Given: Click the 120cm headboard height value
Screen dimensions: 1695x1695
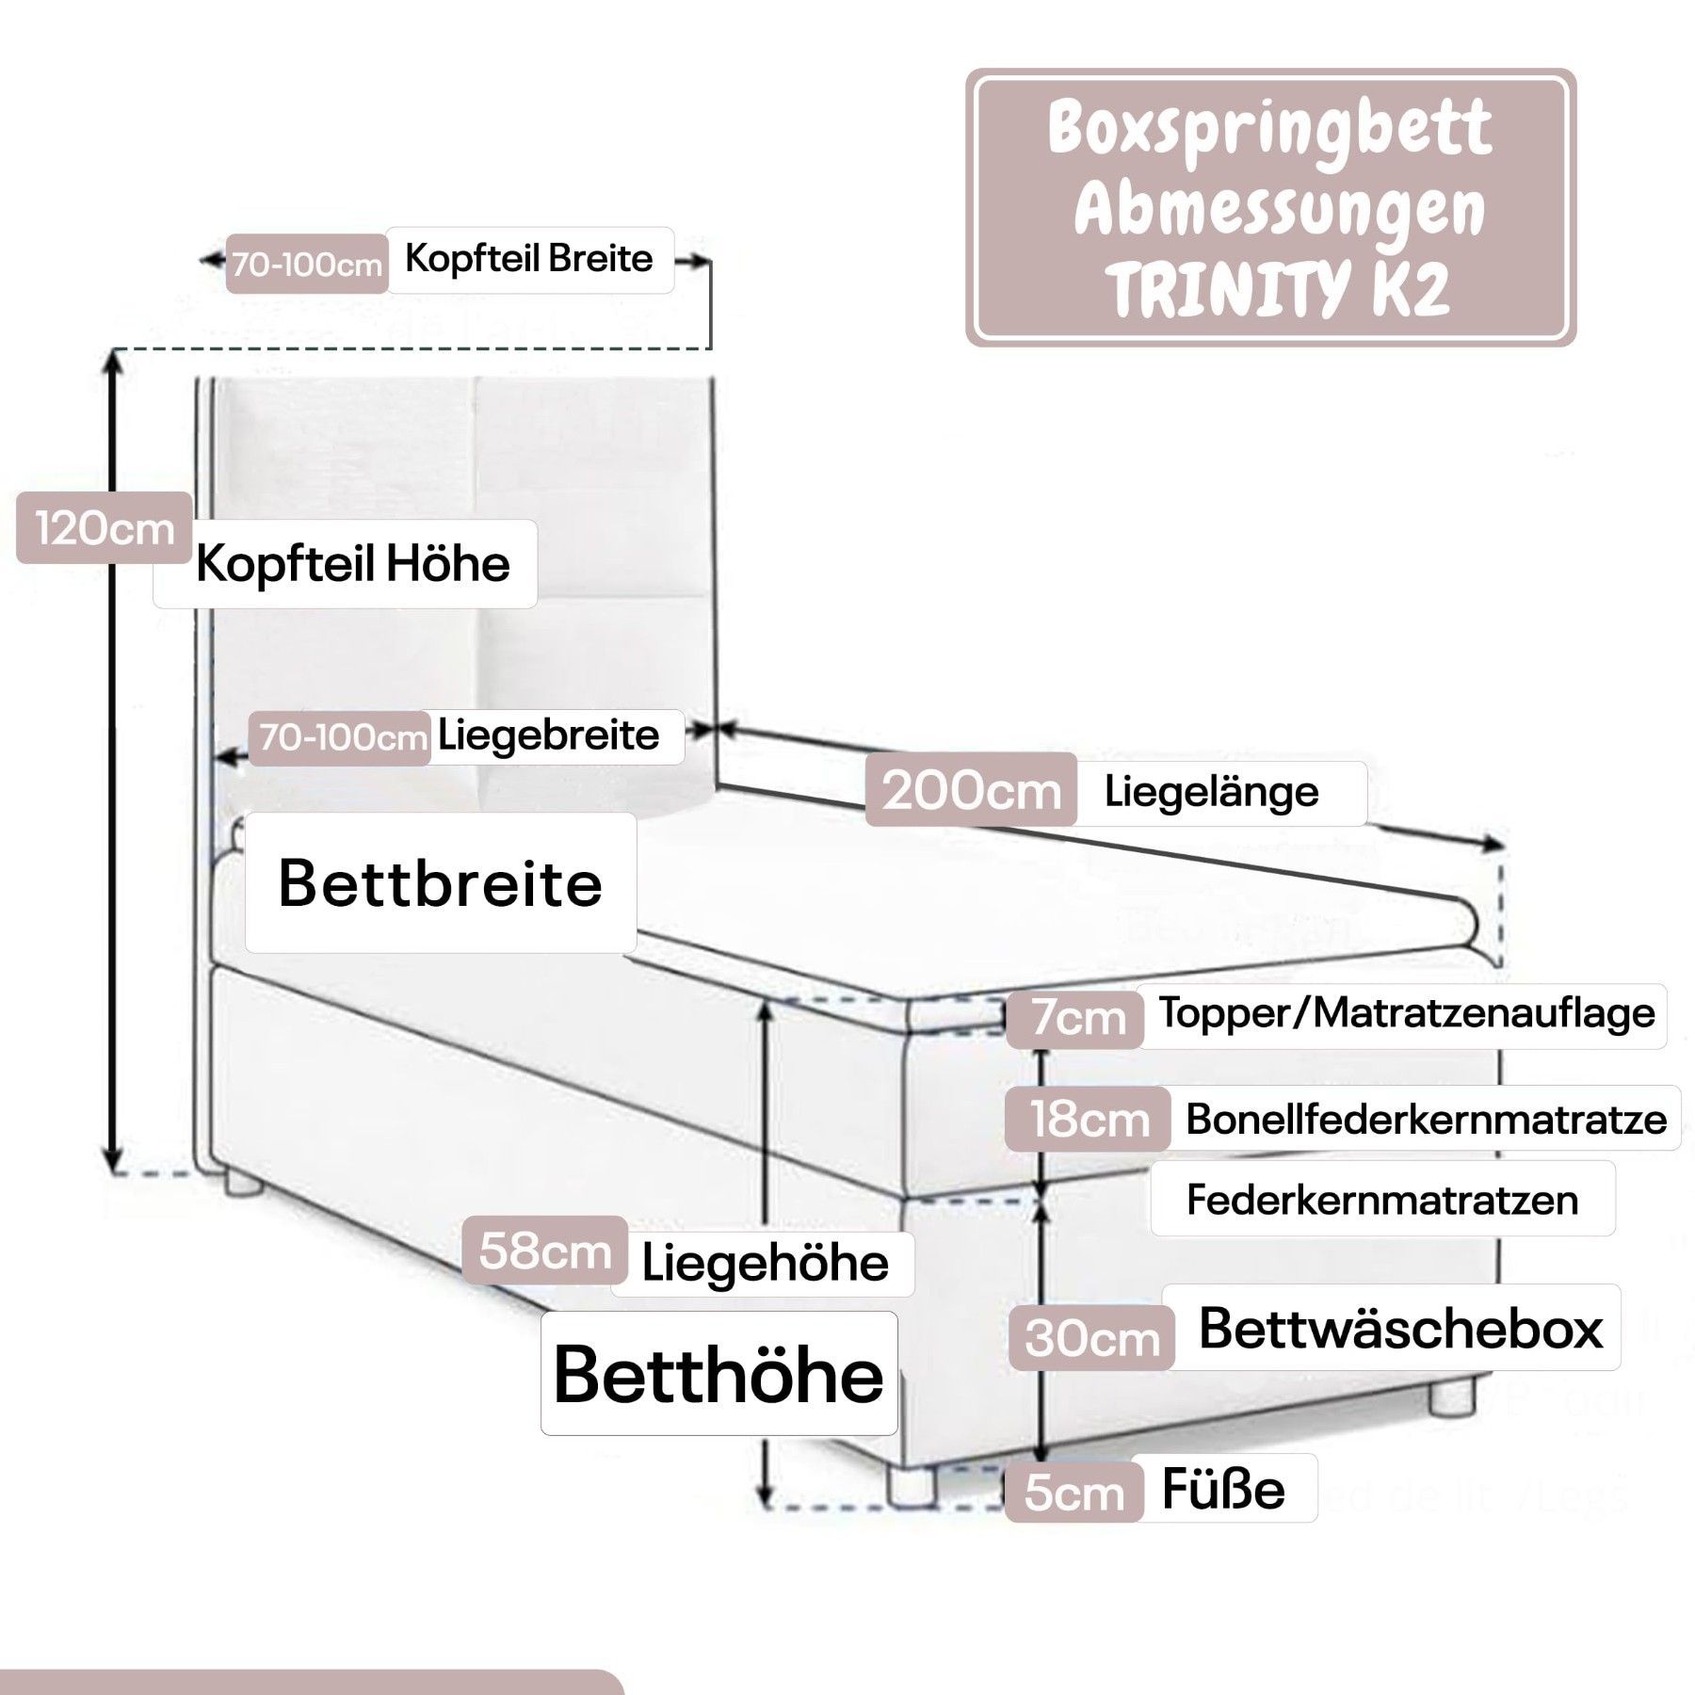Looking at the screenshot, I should (x=104, y=528).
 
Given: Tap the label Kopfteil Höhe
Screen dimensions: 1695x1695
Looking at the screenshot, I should (x=352, y=564).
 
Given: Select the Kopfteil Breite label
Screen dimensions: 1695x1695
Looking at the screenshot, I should (x=528, y=259).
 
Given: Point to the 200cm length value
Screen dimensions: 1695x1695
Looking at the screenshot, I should (x=971, y=791).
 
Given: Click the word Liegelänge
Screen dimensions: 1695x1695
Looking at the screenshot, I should (x=1211, y=792).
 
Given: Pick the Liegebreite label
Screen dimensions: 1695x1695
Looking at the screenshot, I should (x=548, y=735).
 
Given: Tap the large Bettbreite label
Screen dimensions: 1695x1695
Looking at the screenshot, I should (x=440, y=883).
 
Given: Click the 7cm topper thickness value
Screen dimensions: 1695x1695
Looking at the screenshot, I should (x=1076, y=1018).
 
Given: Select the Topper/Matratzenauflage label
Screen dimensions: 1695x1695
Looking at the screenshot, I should (x=1406, y=1013).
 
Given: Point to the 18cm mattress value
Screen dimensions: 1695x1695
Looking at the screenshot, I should (x=1089, y=1120).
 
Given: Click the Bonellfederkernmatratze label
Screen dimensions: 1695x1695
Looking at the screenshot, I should (x=1426, y=1120).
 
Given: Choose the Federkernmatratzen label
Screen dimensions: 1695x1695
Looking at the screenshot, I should (x=1381, y=1200).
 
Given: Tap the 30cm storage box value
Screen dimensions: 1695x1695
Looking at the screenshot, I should (x=1091, y=1338).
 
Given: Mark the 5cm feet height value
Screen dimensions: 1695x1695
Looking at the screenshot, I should (x=1073, y=1493).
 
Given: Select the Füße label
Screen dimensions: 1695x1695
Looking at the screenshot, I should (x=1222, y=1490).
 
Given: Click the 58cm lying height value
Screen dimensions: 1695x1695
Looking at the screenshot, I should (x=545, y=1251).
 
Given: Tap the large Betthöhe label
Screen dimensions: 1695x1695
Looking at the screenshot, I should (x=718, y=1375).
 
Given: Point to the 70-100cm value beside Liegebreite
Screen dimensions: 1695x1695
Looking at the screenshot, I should (x=342, y=737).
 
